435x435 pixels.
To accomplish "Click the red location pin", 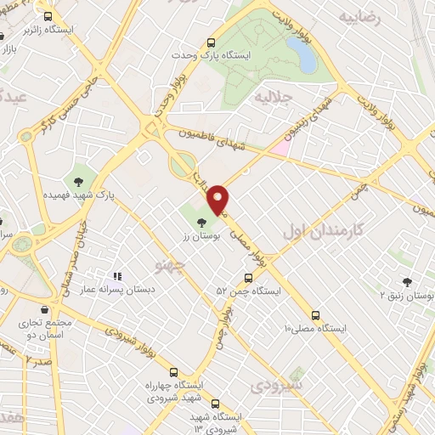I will click(x=219, y=199).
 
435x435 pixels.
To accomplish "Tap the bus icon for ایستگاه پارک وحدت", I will click(x=212, y=42).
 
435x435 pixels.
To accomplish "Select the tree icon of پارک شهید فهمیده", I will click(x=79, y=181).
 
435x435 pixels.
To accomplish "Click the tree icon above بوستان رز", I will click(x=201, y=223).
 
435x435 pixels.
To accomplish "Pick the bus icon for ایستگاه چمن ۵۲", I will click(x=248, y=278).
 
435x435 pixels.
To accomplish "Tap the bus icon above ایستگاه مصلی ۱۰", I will click(x=315, y=314).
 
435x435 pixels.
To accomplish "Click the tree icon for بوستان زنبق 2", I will click(x=407, y=283).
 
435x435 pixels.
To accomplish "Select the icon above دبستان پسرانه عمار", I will click(x=118, y=276).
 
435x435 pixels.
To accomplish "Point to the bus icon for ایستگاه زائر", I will click(x=48, y=16).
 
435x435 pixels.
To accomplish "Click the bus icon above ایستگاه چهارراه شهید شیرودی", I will click(x=173, y=372).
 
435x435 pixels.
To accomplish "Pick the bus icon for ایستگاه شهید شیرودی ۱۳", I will click(x=214, y=404).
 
